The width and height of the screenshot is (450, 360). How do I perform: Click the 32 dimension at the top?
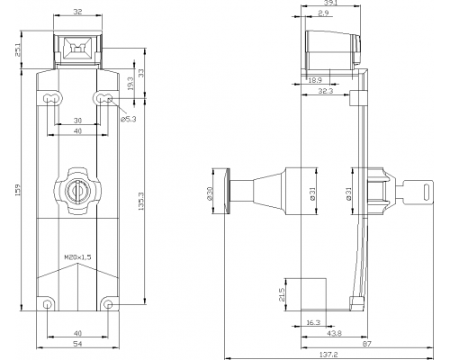pos(77,12)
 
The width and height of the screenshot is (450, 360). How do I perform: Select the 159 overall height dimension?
pos(17,190)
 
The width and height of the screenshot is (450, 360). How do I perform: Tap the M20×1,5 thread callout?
pos(77,257)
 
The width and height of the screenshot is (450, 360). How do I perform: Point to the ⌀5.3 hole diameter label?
pos(129,119)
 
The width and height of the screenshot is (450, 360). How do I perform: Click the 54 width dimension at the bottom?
pos(77,344)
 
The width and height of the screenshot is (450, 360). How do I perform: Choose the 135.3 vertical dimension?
pos(141,202)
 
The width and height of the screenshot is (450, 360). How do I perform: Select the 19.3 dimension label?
pos(130,84)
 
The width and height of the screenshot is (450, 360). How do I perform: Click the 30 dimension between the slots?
pos(77,121)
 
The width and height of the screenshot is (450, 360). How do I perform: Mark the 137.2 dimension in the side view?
pos(328,355)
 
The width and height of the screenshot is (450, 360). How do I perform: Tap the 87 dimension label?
pos(367,344)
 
